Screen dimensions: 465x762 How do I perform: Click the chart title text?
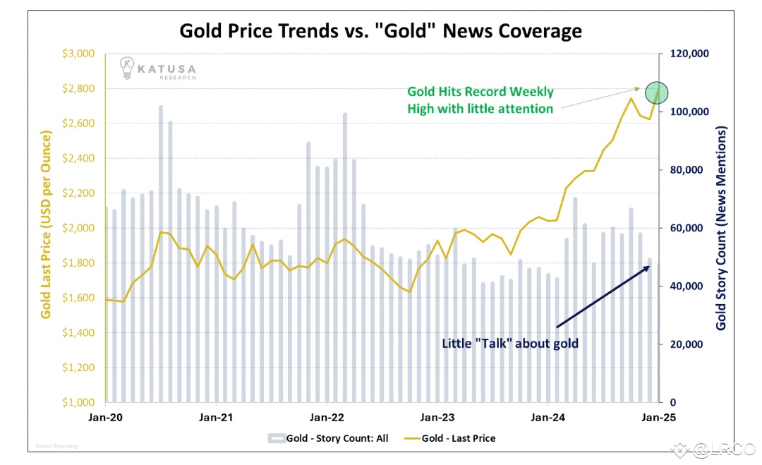coord(381,31)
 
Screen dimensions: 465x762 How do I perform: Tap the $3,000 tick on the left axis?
coord(78,54)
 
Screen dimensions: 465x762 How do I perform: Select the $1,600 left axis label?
coord(78,298)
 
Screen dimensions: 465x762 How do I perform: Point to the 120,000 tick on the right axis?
coord(687,54)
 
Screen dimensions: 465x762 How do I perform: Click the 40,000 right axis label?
coord(684,286)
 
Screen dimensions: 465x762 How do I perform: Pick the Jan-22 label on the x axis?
coord(327,416)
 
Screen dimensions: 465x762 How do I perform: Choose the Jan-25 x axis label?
coord(658,416)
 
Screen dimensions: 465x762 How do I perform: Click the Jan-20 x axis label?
coord(106,416)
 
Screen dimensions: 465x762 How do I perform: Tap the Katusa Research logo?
coord(157,68)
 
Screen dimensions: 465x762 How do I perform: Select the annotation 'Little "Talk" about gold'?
coord(510,344)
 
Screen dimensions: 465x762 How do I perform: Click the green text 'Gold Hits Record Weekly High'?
coord(480,100)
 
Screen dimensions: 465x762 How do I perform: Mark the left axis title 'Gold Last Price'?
coord(46,224)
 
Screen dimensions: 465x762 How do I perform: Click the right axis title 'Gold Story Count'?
coord(721,229)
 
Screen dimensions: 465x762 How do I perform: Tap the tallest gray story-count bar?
coord(161,254)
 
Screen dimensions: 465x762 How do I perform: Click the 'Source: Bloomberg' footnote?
coord(57,446)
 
